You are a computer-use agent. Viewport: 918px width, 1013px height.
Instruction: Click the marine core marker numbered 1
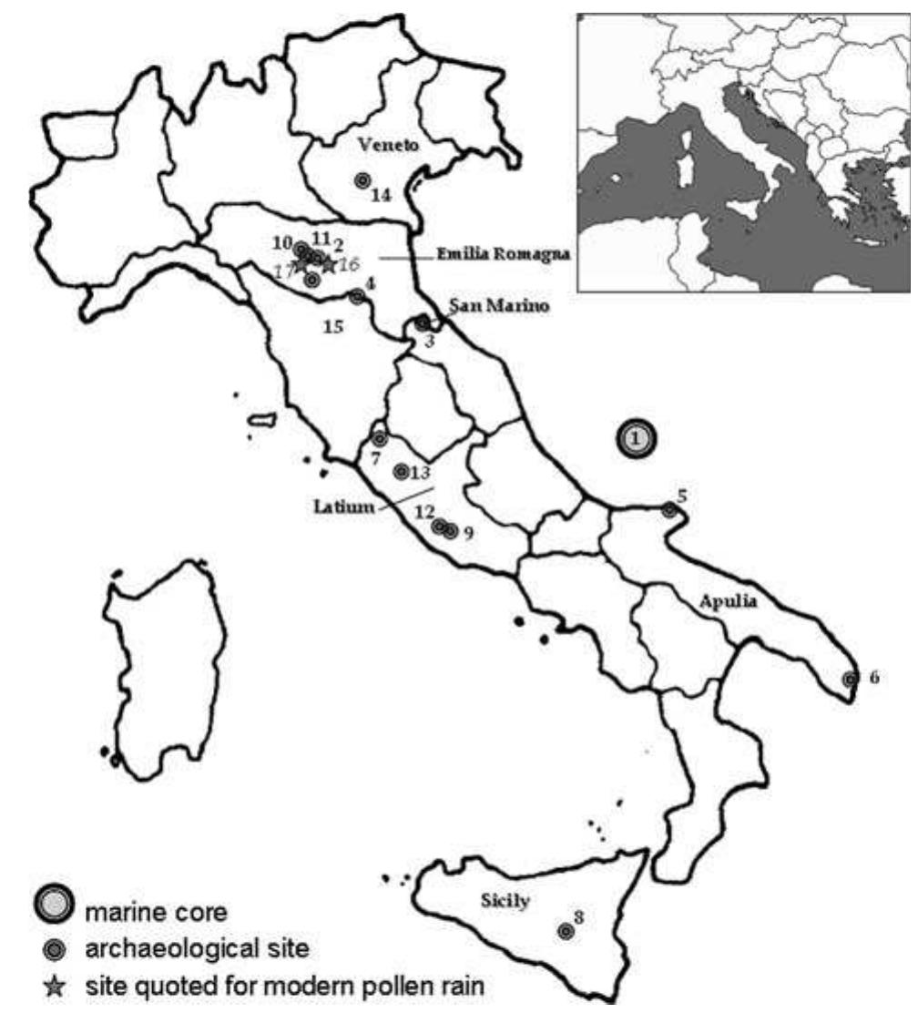tap(637, 439)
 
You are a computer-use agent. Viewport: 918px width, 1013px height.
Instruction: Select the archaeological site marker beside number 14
tap(362, 181)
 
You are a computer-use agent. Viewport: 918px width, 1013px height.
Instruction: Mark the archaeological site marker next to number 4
tap(357, 296)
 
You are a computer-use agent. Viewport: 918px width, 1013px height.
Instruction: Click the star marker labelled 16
tap(328, 263)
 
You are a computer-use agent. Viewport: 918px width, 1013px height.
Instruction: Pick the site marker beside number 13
tap(401, 471)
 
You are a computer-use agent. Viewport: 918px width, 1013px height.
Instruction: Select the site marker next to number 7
tap(380, 439)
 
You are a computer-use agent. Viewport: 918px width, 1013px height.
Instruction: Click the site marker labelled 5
tap(669, 511)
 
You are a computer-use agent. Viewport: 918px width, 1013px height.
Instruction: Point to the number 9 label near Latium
tap(468, 533)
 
